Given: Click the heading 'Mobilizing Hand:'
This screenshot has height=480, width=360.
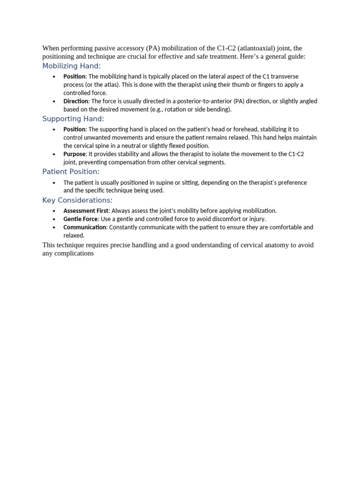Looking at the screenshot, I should click(71, 66).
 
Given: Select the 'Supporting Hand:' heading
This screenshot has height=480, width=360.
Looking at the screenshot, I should click(73, 119).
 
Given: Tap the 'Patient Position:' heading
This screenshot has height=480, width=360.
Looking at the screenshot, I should click(71, 172).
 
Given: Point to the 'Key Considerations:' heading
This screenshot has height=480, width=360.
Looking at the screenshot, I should click(77, 200).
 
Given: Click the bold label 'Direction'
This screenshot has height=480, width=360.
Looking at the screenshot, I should click(75, 101).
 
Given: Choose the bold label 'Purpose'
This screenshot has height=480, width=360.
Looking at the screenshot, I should click(75, 154).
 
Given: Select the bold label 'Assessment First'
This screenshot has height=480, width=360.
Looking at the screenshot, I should click(86, 211).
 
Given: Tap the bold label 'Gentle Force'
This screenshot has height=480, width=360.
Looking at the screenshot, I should click(80, 219).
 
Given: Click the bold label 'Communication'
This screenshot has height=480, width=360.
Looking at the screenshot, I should click(85, 227).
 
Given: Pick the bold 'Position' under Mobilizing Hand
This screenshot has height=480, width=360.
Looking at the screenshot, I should click(74, 76).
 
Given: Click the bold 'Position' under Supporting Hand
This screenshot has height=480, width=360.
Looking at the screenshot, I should click(74, 129).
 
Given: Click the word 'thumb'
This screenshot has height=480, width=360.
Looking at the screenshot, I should click(240, 85).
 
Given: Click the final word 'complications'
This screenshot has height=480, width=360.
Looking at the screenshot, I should click(75, 254).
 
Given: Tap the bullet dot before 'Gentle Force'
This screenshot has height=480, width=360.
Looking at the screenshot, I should click(54, 219).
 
